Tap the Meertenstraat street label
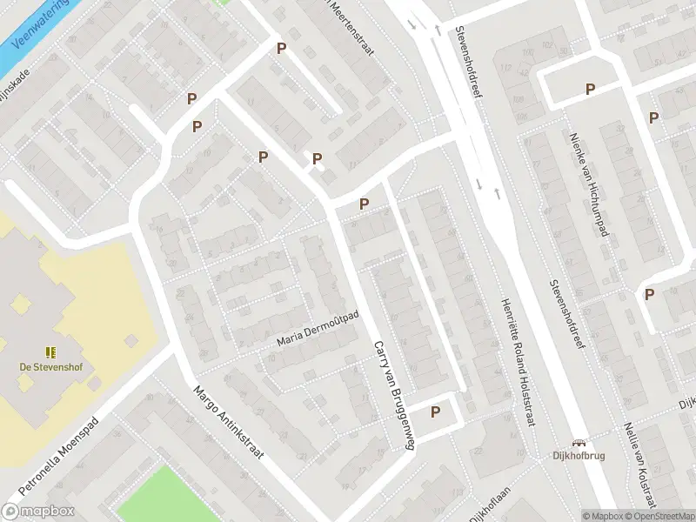pyautogui.click(x=351, y=26)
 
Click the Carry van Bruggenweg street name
pyautogui.click(x=392, y=394)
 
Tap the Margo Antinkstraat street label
pyautogui.click(x=229, y=424)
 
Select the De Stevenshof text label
pyautogui.click(x=51, y=366)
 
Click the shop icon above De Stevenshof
pyautogui.click(x=51, y=351)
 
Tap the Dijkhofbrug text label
pyautogui.click(x=578, y=455)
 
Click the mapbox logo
pyautogui.click(x=38, y=512)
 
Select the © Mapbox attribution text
pyautogui.click(x=603, y=516)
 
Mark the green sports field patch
pyautogui.click(x=157, y=495)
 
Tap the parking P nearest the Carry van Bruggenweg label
pyautogui.click(x=435, y=412)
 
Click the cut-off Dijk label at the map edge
pyautogui.click(x=687, y=403)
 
